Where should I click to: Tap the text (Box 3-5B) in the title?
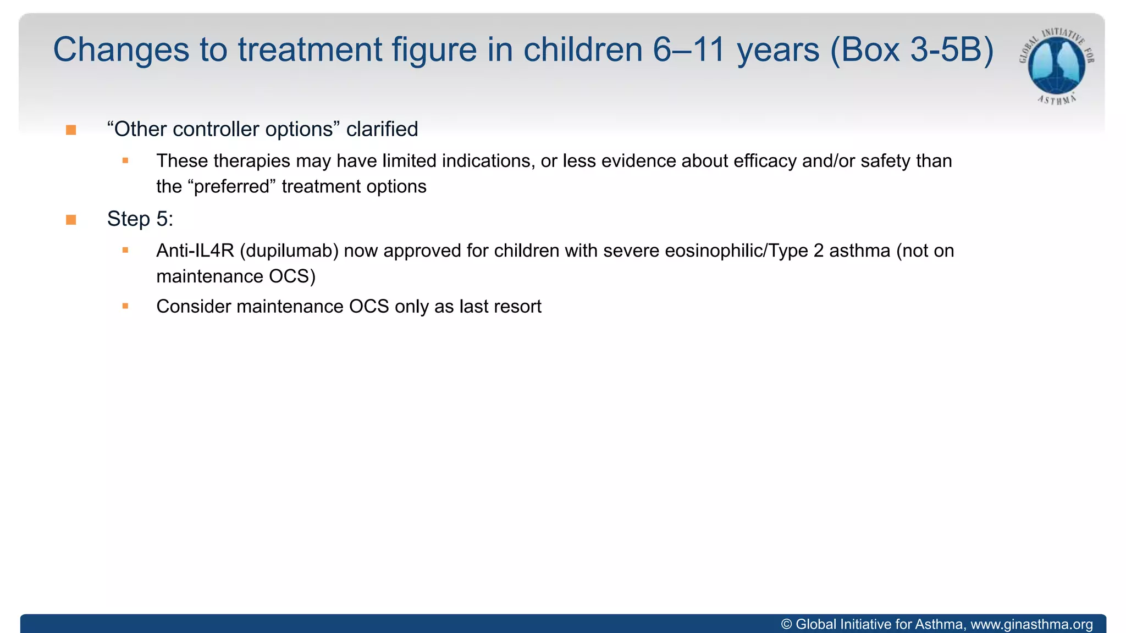pyautogui.click(x=912, y=50)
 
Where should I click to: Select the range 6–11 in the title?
pyautogui.click(x=689, y=50)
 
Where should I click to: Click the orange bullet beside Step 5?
pyautogui.click(x=71, y=220)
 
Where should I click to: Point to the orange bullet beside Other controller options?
pyautogui.click(x=71, y=130)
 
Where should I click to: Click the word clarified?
pyautogui.click(x=382, y=129)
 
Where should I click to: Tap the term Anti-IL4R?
pyautogui.click(x=195, y=251)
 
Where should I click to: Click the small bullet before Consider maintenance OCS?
pyautogui.click(x=125, y=306)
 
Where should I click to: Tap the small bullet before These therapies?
pyautogui.click(x=125, y=160)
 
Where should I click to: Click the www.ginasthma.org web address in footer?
pyautogui.click(x=1031, y=624)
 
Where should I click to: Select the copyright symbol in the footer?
pyautogui.click(x=787, y=624)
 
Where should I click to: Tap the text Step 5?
pyautogui.click(x=140, y=219)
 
